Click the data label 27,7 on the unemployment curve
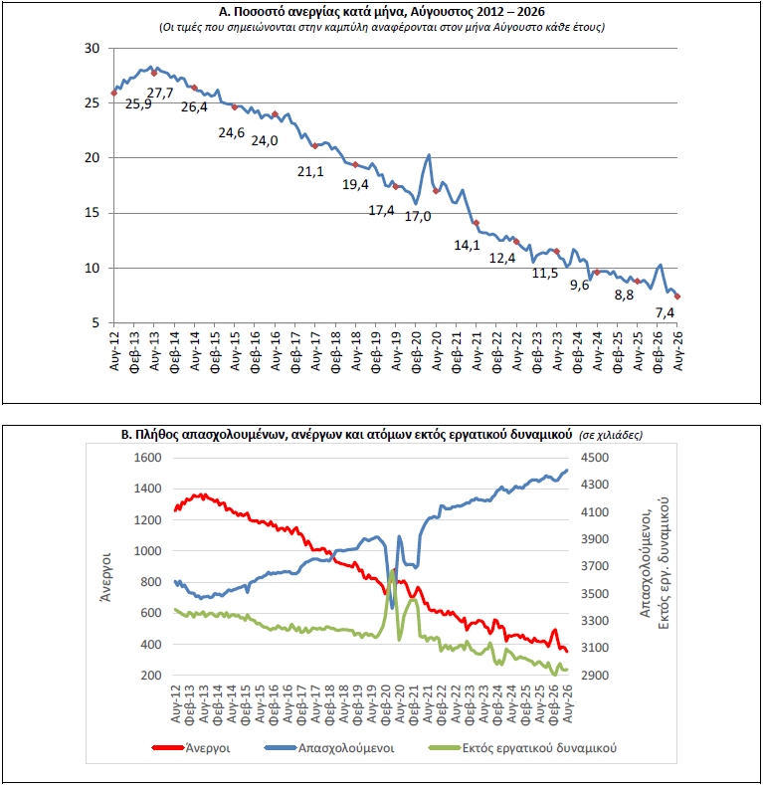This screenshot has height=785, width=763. click(160, 93)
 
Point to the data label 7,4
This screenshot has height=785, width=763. click(665, 312)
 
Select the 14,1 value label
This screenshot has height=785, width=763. click(467, 245)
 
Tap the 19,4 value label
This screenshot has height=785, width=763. click(355, 185)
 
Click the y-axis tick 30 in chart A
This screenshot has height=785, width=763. click(93, 48)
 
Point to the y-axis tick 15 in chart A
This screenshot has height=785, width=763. click(93, 213)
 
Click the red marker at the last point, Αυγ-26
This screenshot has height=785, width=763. click(677, 296)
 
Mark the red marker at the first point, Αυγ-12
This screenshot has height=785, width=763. click(114, 94)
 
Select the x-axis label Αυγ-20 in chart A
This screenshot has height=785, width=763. click(436, 350)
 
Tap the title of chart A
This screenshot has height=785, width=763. click(382, 12)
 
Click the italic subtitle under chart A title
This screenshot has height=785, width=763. click(382, 27)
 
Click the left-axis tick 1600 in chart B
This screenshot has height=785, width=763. click(147, 457)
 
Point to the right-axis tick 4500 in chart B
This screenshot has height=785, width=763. click(595, 457)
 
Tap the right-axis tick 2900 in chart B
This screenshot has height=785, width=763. click(595, 675)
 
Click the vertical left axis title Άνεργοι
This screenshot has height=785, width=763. click(105, 577)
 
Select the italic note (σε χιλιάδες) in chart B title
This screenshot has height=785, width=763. click(611, 435)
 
